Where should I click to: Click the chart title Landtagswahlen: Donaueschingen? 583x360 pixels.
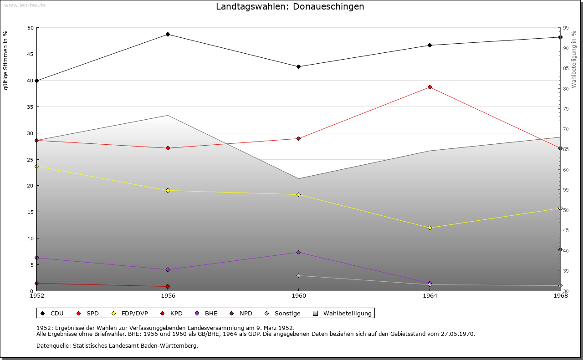290,7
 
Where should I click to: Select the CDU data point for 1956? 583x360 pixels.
168,35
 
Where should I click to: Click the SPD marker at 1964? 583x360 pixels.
430,87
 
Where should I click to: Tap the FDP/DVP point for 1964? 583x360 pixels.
430,228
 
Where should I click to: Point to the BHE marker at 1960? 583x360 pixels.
298,253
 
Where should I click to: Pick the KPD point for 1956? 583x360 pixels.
168,287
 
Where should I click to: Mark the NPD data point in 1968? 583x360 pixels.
560,250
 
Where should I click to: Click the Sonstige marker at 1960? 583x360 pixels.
298,276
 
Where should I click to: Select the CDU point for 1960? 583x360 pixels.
298,67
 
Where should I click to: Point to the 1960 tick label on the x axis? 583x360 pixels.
298,296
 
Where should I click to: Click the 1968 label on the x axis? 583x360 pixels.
560,296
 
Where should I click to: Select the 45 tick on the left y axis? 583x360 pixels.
31,54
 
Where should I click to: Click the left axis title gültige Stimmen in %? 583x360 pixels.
5,61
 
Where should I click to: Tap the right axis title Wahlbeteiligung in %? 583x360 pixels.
573,59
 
